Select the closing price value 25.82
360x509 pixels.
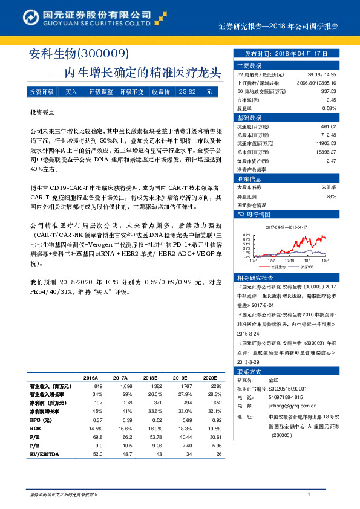[x=187, y=92]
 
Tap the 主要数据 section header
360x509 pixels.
[x=249, y=65]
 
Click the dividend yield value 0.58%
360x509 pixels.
[x=329, y=108]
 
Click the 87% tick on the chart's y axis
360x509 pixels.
[x=246, y=234]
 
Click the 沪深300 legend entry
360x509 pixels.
[x=307, y=267]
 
